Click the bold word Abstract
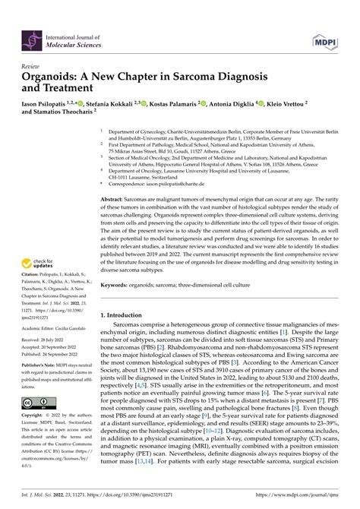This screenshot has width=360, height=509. (x=112, y=198)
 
